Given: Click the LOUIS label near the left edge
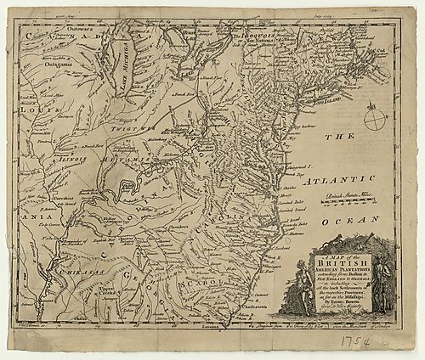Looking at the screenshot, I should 37,110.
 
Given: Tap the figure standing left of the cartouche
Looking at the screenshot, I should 295,280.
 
